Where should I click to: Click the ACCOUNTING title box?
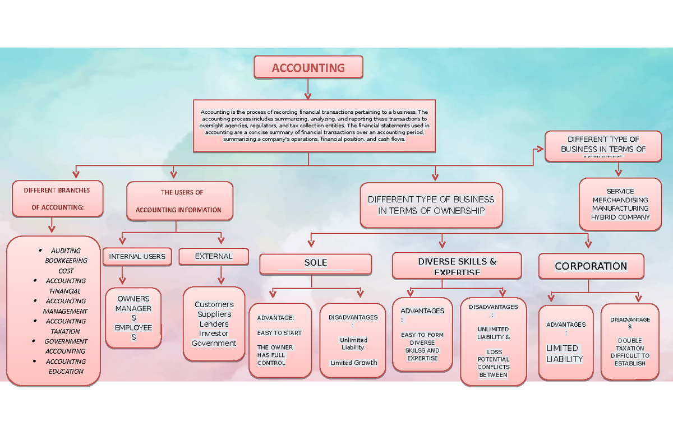tap(308, 68)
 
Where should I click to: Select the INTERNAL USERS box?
tap(137, 257)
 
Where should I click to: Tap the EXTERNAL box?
tap(214, 257)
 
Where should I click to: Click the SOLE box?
tap(315, 263)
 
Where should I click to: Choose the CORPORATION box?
tap(591, 266)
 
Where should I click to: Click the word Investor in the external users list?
tap(214, 334)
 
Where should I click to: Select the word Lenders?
tap(214, 324)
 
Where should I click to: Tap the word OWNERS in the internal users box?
tap(133, 299)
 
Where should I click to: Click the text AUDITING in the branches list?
tap(66, 251)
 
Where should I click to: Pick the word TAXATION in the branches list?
tap(66, 331)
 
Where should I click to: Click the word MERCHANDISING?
tap(620, 200)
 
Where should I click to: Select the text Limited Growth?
tap(353, 363)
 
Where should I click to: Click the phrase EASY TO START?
tap(279, 333)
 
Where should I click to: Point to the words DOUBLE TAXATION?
tap(630, 344)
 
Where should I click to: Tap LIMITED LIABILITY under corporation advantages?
tap(565, 353)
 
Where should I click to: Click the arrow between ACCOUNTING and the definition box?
tap(308, 89)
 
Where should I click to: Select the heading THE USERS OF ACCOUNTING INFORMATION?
tap(179, 201)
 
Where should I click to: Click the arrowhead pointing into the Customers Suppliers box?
tap(221, 280)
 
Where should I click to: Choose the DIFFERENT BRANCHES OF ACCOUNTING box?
tap(57, 198)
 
